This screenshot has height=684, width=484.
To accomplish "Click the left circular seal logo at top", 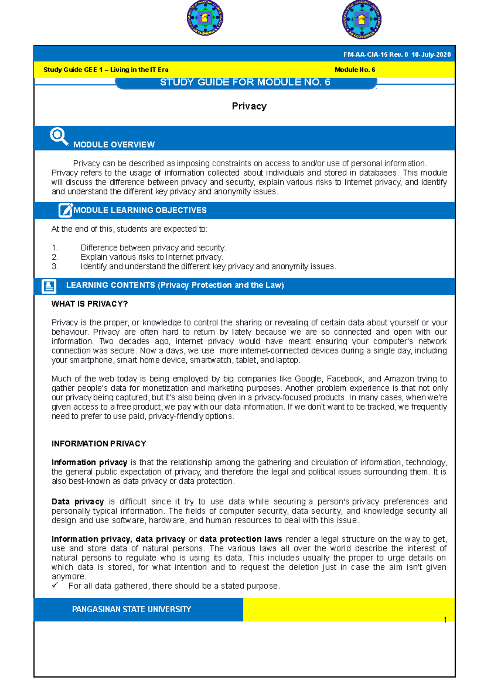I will pyautogui.click(x=205, y=18).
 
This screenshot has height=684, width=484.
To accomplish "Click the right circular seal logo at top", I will pyautogui.click(x=361, y=19).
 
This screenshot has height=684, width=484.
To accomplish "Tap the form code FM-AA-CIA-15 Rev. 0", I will pyautogui.click(x=376, y=55).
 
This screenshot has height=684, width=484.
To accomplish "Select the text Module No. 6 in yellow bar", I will pyautogui.click(x=355, y=70).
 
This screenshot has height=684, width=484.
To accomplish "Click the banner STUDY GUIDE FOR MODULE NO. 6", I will pyautogui.click(x=245, y=83).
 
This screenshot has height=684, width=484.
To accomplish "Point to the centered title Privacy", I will pyautogui.click(x=249, y=106).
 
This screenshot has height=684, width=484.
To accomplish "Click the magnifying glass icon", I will pyautogui.click(x=58, y=136).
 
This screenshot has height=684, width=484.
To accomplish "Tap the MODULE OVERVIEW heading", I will pyautogui.click(x=114, y=145).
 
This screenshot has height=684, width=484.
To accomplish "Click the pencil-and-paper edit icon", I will pyautogui.click(x=65, y=210).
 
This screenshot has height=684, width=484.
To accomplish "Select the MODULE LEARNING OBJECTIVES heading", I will pyautogui.click(x=140, y=210).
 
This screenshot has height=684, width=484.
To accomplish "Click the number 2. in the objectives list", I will pyautogui.click(x=55, y=257).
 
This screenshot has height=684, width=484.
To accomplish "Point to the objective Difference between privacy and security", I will pyautogui.click(x=153, y=248).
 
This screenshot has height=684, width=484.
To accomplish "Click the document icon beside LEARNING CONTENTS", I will pyautogui.click(x=49, y=286).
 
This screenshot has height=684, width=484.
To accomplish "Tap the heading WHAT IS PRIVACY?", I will pyautogui.click(x=90, y=304).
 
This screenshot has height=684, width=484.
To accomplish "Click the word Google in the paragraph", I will pyautogui.click(x=308, y=379).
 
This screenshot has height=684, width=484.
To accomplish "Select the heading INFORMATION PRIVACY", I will pyautogui.click(x=99, y=444).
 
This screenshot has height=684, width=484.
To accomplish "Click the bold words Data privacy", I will pyautogui.click(x=77, y=502).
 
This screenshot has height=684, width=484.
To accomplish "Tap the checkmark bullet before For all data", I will pyautogui.click(x=55, y=585).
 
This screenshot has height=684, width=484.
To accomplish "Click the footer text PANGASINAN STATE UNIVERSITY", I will pyautogui.click(x=131, y=609).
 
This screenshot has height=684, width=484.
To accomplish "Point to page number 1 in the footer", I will pyautogui.click(x=445, y=620).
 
